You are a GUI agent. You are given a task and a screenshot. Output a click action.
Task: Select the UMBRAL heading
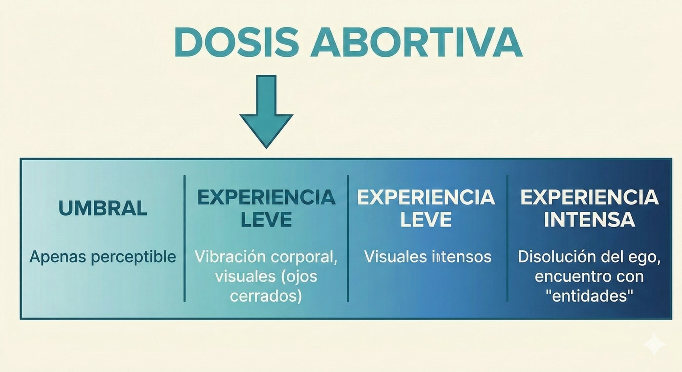pyautogui.click(x=103, y=208)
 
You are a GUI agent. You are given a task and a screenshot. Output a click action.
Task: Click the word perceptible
pyautogui.click(x=133, y=257)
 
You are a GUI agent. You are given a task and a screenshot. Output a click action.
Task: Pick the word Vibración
pyautogui.click(x=227, y=256)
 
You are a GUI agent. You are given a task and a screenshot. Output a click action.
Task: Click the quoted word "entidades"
pyautogui.click(x=590, y=296)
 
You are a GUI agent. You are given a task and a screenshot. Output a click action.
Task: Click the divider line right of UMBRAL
pyautogui.click(x=185, y=238)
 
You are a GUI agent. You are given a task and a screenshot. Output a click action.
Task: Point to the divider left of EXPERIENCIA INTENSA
pyautogui.click(x=508, y=238)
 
